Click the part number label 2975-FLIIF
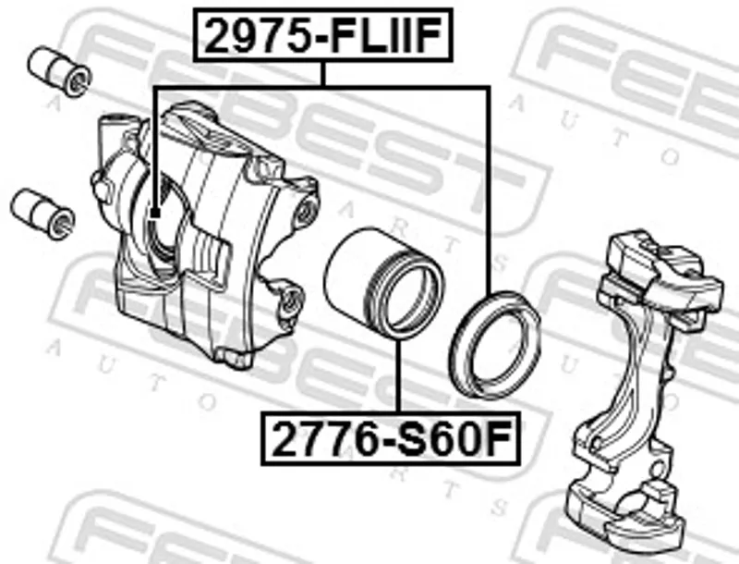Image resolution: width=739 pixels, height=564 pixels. [x=322, y=35]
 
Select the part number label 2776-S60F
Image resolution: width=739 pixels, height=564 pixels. [x=391, y=438]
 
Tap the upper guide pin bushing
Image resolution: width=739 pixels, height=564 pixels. [x=59, y=71]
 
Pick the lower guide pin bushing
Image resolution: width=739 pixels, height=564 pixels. [x=42, y=214]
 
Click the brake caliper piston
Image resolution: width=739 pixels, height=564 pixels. [x=384, y=284]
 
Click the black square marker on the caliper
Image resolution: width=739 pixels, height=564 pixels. [x=154, y=214]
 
